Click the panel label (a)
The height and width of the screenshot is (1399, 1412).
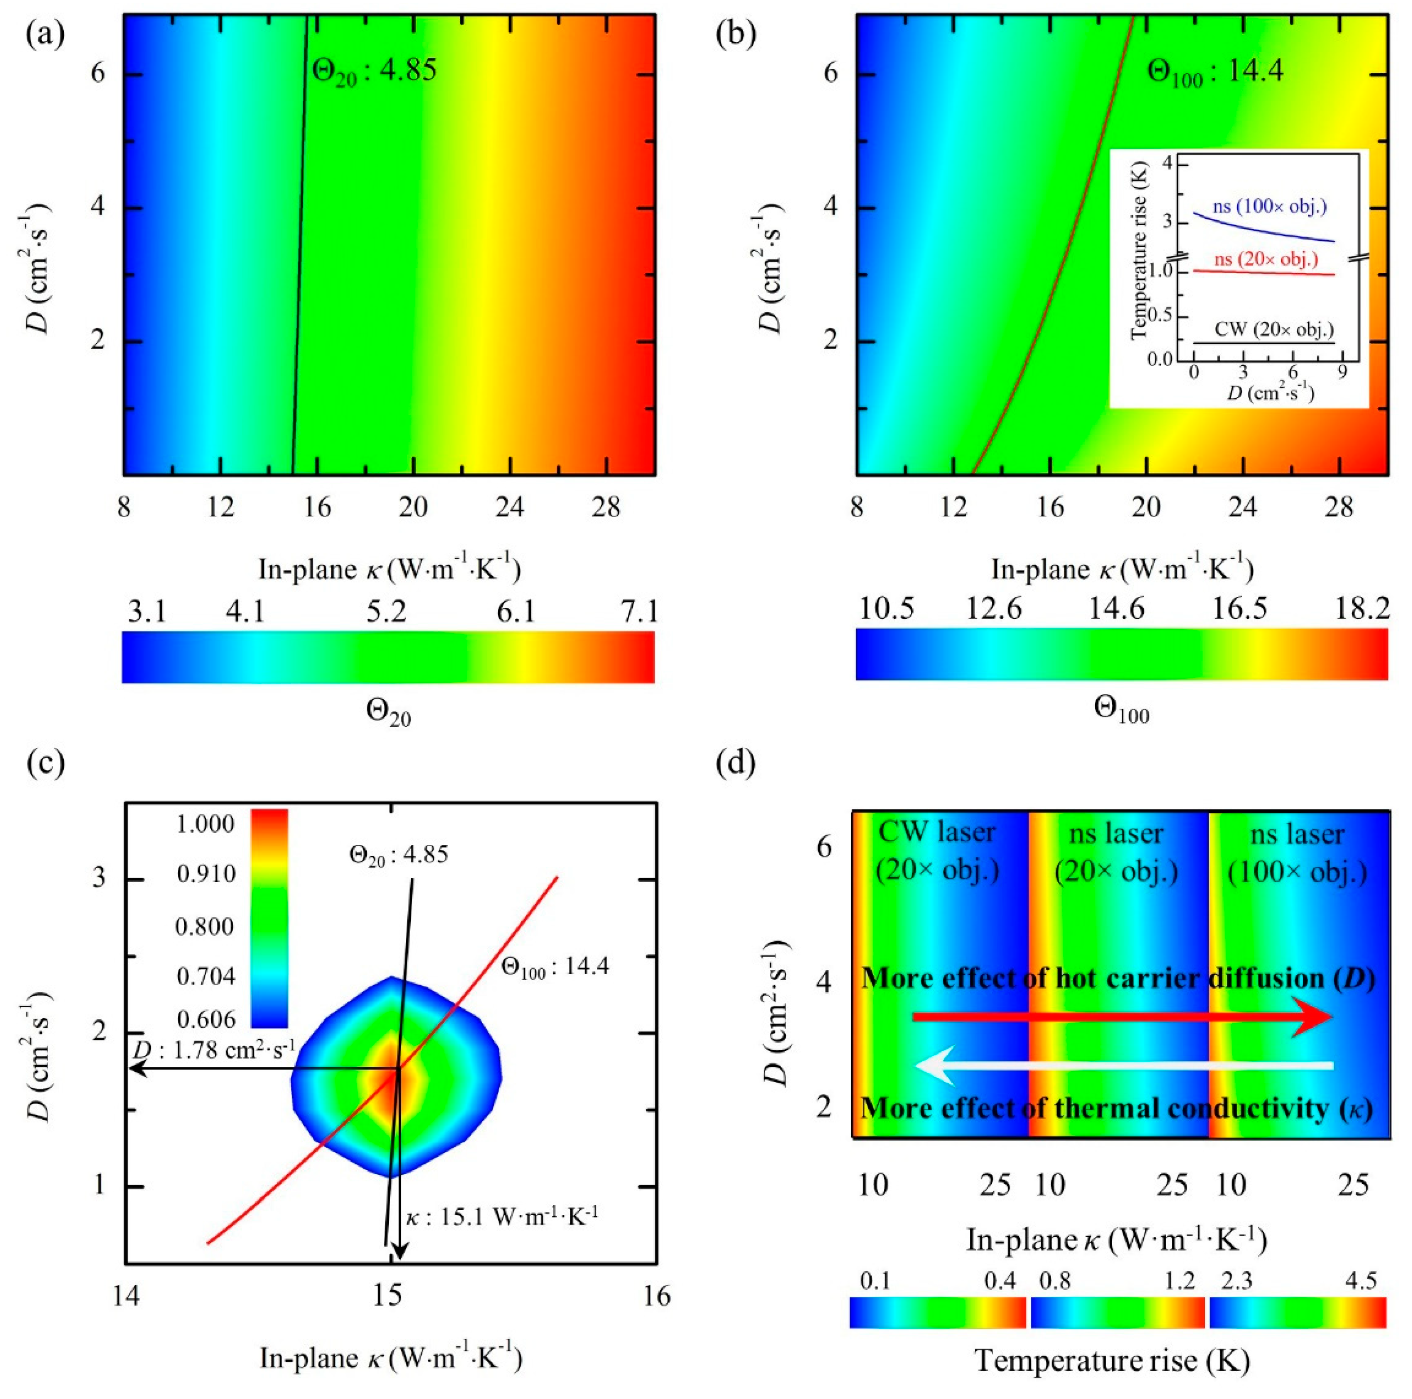45,34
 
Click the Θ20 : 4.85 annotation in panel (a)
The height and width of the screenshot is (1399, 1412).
374,71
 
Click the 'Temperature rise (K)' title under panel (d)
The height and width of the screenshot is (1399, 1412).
1112,1361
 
